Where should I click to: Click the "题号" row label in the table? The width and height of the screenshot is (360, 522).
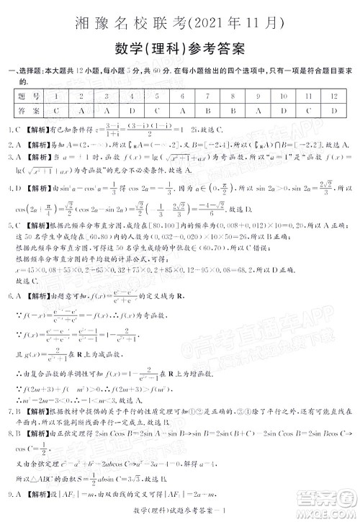point(28,96)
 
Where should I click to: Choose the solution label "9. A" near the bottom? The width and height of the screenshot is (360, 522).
point(14,495)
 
